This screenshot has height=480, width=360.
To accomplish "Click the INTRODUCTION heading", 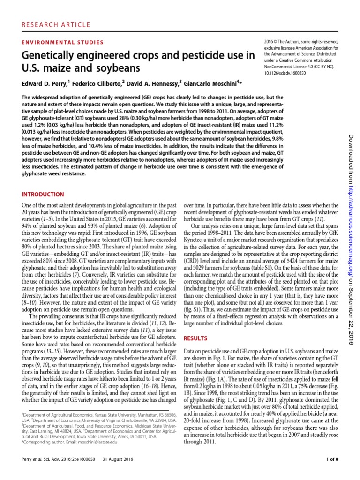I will click(44, 194).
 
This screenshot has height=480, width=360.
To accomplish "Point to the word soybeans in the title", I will click(120, 68).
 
